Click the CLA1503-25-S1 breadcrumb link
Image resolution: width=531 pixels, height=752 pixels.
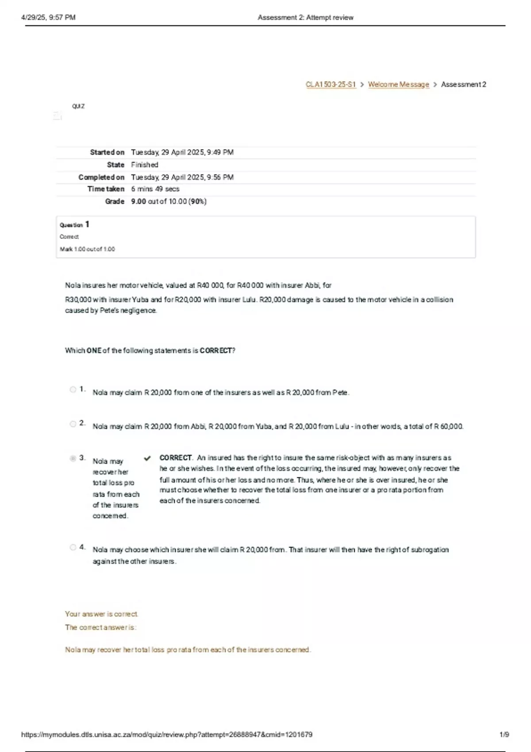331,84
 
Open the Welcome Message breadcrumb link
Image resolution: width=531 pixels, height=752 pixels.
398,84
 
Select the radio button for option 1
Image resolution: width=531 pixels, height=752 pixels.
73,390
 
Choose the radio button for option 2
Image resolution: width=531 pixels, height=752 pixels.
73,424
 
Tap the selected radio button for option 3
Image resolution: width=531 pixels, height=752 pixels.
73,458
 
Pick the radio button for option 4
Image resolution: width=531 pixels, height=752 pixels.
73,548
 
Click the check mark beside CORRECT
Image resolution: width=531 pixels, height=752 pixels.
147,458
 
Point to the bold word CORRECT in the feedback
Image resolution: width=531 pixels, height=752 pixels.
175,458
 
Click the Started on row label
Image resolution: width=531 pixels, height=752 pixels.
107,152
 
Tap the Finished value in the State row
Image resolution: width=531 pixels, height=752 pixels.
144,165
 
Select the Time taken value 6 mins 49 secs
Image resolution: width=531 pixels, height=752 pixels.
155,189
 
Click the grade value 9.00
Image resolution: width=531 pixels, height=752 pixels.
139,201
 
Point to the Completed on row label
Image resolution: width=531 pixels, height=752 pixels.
101,177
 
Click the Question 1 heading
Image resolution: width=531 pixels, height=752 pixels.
74,225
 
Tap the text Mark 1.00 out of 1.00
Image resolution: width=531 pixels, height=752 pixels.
87,249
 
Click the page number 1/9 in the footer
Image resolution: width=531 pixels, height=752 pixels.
504,735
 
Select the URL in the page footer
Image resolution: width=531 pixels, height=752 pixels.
166,735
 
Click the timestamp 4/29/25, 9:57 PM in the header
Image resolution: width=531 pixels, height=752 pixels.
48,18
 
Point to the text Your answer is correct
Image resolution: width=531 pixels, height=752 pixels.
101,614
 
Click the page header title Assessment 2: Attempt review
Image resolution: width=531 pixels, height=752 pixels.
305,18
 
